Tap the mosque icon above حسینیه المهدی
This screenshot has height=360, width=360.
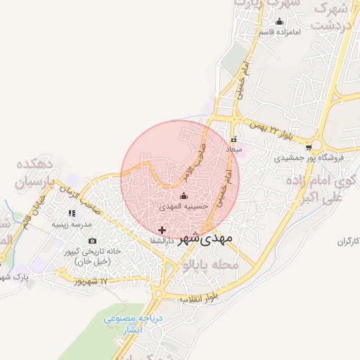pyautogui.click(x=184, y=196)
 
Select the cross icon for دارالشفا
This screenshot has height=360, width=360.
pyautogui.click(x=162, y=230)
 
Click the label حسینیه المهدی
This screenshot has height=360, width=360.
pyautogui.click(x=184, y=207)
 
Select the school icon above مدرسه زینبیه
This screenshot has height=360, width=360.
pyautogui.click(x=72, y=213)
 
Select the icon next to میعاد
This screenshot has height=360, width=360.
pyautogui.click(x=233, y=140)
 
